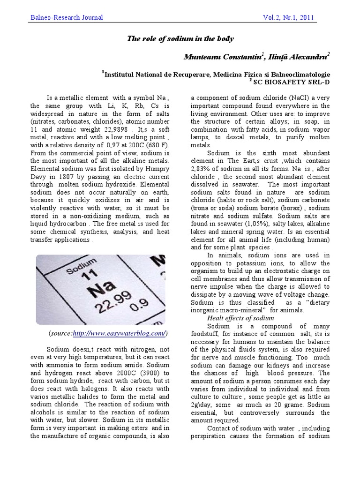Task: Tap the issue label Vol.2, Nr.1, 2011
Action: (x=289, y=18)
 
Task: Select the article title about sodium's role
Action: (x=180, y=39)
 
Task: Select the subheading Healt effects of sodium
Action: (x=240, y=318)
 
